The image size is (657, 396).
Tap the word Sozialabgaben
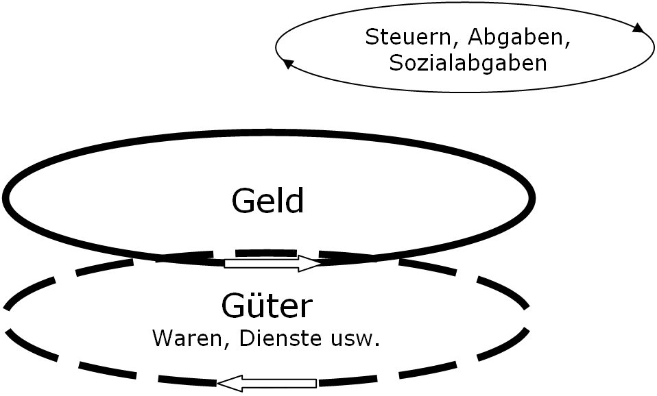[x=468, y=63]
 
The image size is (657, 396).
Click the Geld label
[x=267, y=201]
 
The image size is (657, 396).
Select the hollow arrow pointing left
[x=267, y=384]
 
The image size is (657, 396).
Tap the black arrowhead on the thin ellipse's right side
[x=638, y=28]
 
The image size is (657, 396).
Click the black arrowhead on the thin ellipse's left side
[x=288, y=64]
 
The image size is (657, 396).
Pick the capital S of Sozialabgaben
[x=395, y=63]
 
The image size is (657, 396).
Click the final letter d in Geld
[x=295, y=201]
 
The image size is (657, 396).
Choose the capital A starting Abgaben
[x=459, y=38]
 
